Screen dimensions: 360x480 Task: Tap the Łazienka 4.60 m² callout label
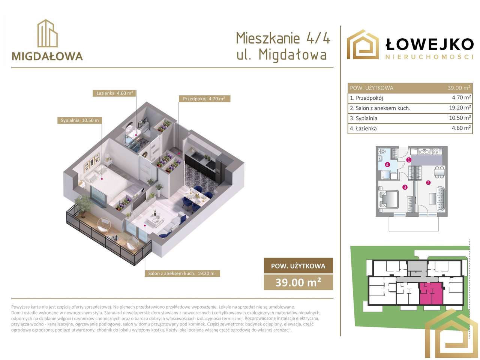coord(114,93)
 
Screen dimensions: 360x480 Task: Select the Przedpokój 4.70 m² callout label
coord(204,99)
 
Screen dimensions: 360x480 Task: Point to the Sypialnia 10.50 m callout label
coord(80,120)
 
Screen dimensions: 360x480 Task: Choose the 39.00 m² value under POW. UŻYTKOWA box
coord(298,282)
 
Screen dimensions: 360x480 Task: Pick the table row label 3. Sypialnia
coord(363,118)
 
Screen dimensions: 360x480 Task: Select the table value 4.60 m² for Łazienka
coord(462,128)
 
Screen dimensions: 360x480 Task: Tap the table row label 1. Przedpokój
coord(366,98)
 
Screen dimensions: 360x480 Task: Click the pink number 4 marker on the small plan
coord(387,164)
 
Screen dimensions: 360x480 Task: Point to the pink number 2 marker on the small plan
coord(428,183)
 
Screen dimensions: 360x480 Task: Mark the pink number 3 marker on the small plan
coord(405,187)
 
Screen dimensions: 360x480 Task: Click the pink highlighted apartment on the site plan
coord(431,294)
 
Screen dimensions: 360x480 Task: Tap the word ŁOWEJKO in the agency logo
coord(429,44)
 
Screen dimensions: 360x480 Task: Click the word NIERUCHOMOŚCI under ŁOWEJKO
coord(429,57)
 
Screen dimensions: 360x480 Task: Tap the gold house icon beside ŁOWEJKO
coord(362,44)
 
